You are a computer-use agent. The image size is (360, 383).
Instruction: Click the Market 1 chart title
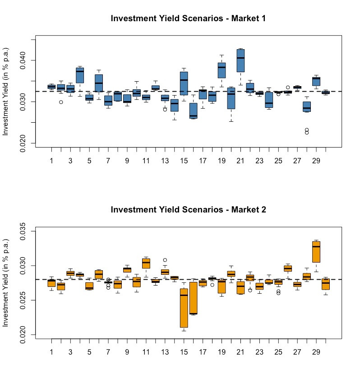pyautogui.click(x=188, y=18)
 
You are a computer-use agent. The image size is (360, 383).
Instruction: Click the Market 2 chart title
pyautogui.click(x=188, y=210)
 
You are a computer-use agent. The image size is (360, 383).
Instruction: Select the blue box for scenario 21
pyautogui.click(x=240, y=60)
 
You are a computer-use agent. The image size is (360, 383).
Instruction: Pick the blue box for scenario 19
pyautogui.click(x=222, y=70)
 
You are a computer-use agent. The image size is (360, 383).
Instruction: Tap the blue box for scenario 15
pyautogui.click(x=184, y=83)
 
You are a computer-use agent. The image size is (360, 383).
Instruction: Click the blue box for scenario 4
pyautogui.click(x=80, y=75)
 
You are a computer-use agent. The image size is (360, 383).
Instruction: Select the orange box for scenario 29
pyautogui.click(x=316, y=252)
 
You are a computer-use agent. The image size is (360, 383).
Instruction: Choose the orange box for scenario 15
pyautogui.click(x=184, y=308)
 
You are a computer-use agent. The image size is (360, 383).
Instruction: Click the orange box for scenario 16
pyautogui.click(x=194, y=298)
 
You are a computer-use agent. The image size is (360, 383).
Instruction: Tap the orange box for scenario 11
pyautogui.click(x=146, y=263)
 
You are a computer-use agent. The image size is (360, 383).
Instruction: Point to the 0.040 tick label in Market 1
pyautogui.click(x=23, y=60)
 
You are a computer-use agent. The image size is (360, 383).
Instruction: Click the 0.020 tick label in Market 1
pyautogui.click(x=23, y=143)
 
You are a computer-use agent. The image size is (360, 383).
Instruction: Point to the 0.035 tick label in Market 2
pyautogui.click(x=23, y=231)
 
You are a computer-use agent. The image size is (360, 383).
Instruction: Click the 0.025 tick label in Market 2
pyautogui.click(x=23, y=300)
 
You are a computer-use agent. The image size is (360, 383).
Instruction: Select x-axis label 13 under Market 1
pyautogui.click(x=165, y=161)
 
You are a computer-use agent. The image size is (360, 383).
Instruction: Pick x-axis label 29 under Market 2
pyautogui.click(x=316, y=352)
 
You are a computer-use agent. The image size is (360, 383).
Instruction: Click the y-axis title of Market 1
pyautogui.click(x=5, y=92)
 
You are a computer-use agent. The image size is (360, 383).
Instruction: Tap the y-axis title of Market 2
pyautogui.click(x=5, y=283)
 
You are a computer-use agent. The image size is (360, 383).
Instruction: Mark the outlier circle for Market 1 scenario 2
pyautogui.click(x=61, y=102)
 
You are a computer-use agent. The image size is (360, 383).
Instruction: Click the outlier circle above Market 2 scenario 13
pyautogui.click(x=165, y=260)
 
